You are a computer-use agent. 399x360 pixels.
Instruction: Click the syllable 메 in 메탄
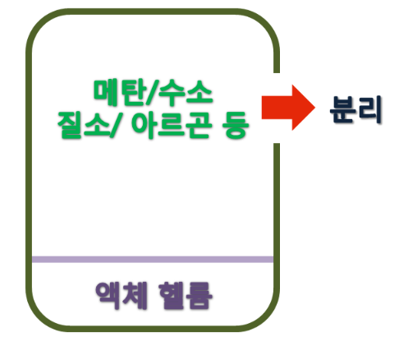[106, 92]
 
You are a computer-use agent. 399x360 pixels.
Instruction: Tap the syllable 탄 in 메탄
[133, 92]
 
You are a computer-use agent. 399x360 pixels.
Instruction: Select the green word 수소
[186, 92]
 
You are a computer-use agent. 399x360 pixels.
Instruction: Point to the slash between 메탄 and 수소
[152, 93]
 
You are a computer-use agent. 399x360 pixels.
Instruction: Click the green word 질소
[84, 125]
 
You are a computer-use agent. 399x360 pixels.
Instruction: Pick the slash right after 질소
[114, 126]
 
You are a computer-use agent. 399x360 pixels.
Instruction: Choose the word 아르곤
[172, 125]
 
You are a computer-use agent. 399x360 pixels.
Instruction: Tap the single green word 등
[236, 125]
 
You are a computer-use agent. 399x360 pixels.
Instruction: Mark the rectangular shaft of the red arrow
[277, 108]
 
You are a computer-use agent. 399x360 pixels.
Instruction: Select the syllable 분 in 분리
[343, 109]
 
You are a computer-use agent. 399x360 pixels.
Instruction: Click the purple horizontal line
[153, 260]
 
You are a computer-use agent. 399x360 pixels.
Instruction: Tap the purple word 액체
[122, 295]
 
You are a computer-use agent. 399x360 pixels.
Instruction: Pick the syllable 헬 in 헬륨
[171, 295]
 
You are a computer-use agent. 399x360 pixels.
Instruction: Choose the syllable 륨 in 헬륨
[199, 296]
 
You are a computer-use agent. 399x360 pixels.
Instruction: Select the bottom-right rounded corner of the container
[268, 318]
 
